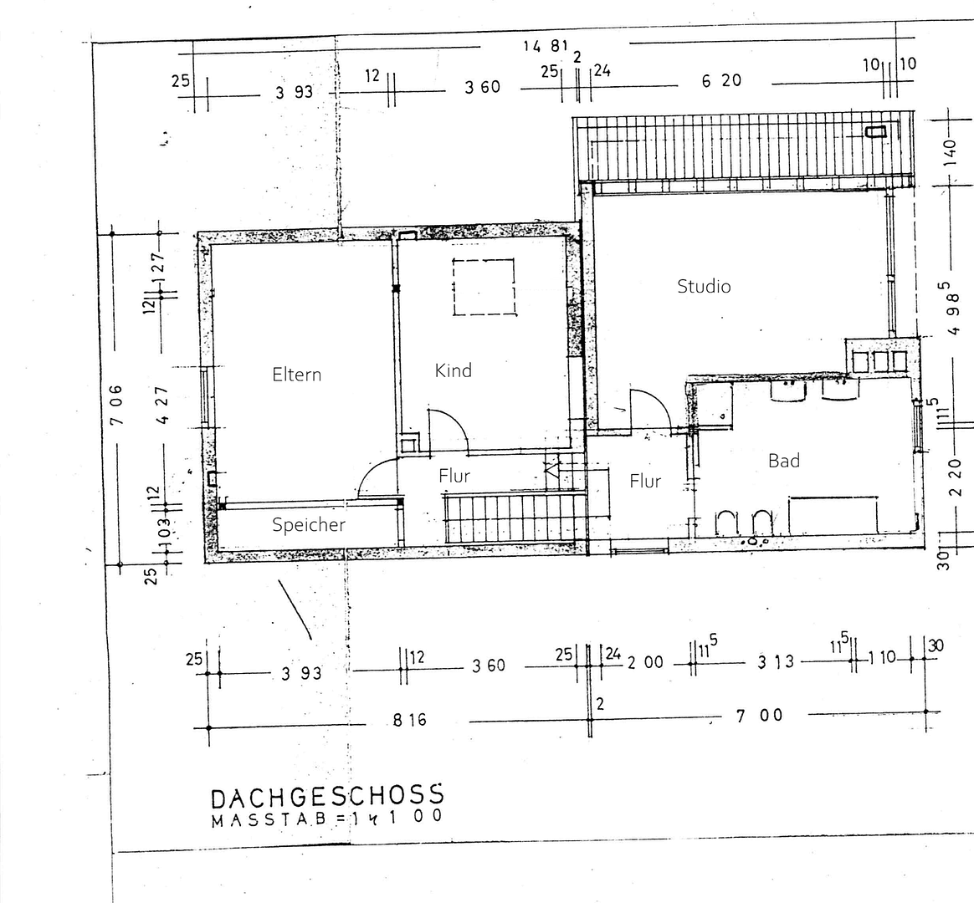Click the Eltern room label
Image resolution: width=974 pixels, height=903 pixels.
click(x=296, y=375)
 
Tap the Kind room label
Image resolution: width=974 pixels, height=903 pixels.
click(x=453, y=370)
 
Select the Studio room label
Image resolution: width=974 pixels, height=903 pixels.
click(x=704, y=287)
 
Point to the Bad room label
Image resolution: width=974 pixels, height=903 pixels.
click(x=784, y=461)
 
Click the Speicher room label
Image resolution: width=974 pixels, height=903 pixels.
click(x=309, y=525)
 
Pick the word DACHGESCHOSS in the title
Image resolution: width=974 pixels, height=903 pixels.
click(x=327, y=796)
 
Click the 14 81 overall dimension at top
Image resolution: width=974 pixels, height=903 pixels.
click(x=546, y=46)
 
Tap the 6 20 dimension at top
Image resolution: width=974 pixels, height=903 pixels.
click(x=721, y=81)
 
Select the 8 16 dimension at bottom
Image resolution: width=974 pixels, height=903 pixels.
click(x=409, y=719)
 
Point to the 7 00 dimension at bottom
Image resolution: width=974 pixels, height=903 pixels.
click(x=760, y=715)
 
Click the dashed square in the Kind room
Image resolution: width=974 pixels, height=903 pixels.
click(x=483, y=287)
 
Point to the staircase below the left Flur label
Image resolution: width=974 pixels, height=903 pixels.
click(x=513, y=518)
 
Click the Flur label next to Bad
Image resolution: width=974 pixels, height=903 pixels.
click(x=645, y=482)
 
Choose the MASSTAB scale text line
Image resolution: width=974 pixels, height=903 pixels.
click(x=327, y=819)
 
